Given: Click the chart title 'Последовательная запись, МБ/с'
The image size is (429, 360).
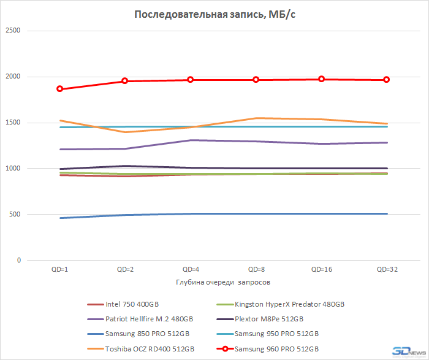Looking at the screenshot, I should [214, 15].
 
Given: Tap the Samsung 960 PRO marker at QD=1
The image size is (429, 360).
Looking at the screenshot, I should [59, 89].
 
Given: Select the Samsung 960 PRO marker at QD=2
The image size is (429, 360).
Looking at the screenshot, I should [124, 81].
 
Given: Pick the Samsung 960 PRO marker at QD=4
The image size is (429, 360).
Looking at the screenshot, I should [190, 80].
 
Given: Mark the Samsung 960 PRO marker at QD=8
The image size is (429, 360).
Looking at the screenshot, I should [256, 80].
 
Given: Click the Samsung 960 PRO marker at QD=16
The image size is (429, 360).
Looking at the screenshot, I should [321, 79].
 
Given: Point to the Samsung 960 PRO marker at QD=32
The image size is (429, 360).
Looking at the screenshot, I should [386, 80].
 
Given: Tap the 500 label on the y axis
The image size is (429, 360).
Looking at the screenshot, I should [14, 215].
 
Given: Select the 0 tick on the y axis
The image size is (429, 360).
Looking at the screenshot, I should [18, 261].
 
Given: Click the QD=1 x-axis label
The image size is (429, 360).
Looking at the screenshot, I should [59, 270].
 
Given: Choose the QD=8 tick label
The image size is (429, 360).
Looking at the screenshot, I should [256, 270].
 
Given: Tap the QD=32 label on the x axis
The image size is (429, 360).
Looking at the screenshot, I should [386, 270].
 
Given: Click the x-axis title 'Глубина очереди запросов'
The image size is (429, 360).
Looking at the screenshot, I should [214, 282].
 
